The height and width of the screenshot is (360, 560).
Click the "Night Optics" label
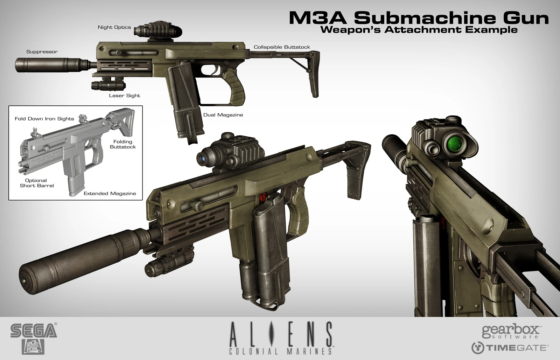[x=114, y=27]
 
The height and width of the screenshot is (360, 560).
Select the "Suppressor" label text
[x=42, y=52]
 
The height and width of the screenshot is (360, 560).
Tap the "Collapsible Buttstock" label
[x=282, y=47]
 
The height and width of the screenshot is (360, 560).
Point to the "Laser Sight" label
[x=124, y=96]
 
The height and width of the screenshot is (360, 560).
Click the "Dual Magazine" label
[x=223, y=115]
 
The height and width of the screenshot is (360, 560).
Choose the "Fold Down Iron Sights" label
[x=44, y=119]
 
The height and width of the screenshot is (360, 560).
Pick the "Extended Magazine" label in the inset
[x=110, y=193]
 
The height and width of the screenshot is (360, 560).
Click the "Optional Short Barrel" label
[x=37, y=183]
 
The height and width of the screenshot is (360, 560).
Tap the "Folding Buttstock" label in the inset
[x=122, y=144]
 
